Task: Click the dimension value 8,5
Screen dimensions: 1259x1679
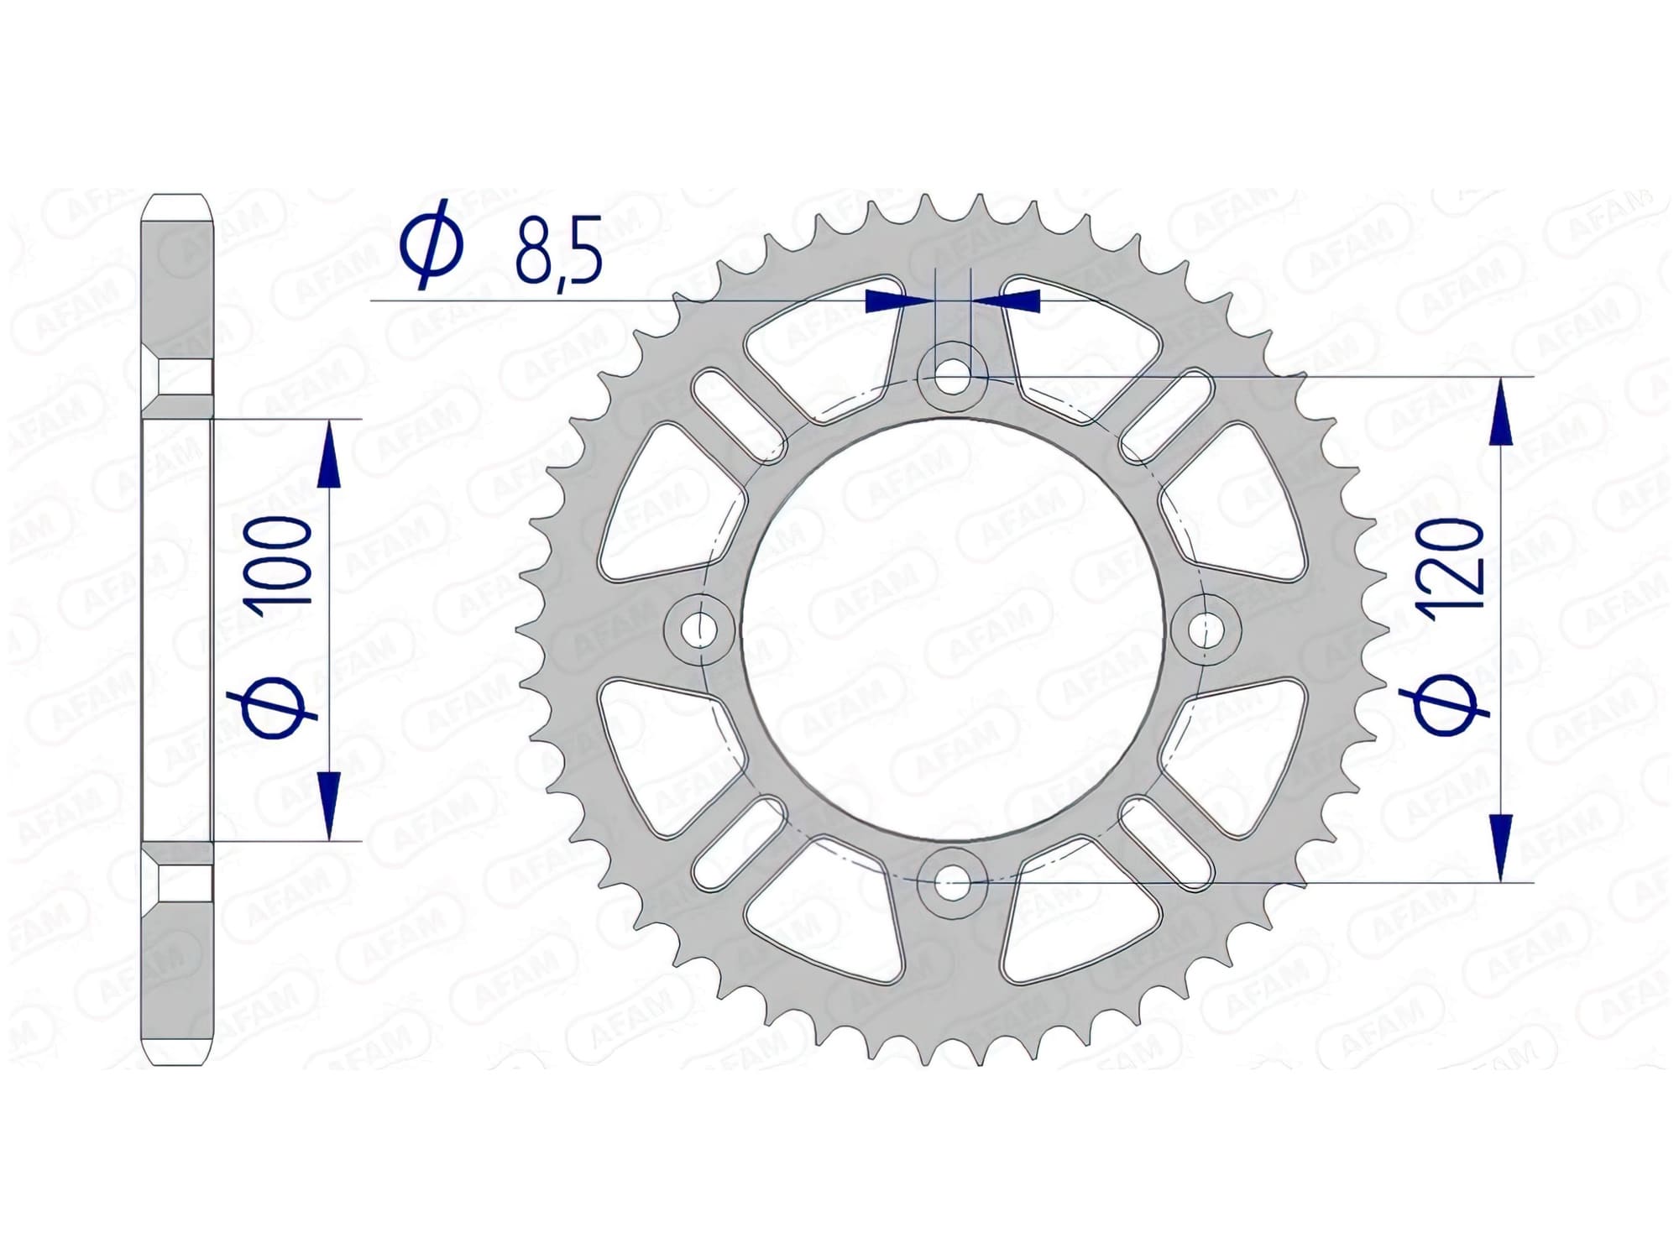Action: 558,250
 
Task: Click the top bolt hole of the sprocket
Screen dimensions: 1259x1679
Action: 952,374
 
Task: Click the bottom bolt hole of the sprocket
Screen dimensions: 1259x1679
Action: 952,883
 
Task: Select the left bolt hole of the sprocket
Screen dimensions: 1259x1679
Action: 696,629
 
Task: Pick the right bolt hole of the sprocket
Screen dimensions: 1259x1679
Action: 1206,629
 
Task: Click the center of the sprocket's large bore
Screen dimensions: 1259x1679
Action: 952,629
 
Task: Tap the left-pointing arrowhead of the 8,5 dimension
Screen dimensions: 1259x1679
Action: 1016,300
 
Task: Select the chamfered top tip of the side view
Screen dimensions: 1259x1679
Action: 177,206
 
